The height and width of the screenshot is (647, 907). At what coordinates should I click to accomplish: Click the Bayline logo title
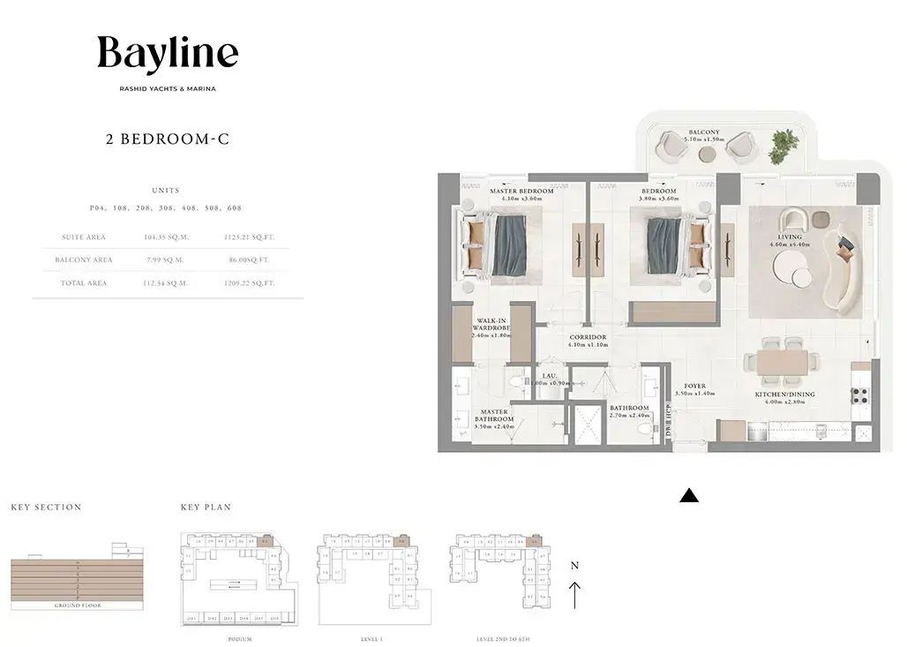(168, 54)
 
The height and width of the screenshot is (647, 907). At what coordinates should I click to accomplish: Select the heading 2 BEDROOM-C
(168, 139)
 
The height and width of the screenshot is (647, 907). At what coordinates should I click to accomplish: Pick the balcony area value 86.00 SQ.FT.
(247, 260)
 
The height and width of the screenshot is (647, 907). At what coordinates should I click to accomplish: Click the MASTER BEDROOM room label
(521, 192)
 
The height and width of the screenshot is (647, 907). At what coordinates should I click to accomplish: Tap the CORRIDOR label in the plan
(588, 337)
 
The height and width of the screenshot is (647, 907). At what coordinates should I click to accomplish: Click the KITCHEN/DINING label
(784, 395)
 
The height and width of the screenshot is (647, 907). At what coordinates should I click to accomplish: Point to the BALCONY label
(704, 132)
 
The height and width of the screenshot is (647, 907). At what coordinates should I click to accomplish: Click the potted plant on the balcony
(783, 146)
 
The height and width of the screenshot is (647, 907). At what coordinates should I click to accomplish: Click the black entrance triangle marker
(689, 497)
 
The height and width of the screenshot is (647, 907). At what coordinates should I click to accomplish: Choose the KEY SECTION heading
(46, 508)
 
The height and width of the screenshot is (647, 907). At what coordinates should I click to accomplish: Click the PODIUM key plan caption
(239, 638)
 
